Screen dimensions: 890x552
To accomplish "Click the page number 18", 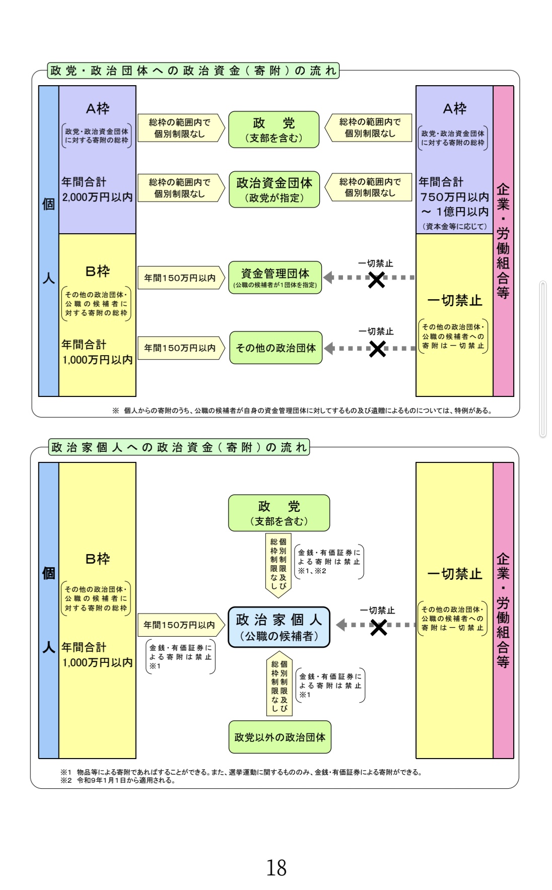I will (x=276, y=867).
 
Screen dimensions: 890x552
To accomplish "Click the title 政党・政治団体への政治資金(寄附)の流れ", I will (x=193, y=71).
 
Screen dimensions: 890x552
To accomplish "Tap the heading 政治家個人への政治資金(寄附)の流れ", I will (x=179, y=447).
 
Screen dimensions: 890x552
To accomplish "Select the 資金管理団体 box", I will (x=275, y=278).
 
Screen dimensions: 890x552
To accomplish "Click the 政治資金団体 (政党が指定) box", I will (x=274, y=189).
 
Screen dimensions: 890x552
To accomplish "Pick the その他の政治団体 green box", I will (x=275, y=348).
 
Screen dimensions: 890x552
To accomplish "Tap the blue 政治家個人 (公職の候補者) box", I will (x=279, y=627).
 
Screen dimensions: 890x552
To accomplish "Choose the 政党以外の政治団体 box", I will (x=280, y=737).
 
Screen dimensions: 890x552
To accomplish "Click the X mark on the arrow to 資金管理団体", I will (x=376, y=280).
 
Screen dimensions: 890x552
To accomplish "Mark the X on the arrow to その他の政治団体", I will (x=377, y=349).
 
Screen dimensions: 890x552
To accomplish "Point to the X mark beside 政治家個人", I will (x=378, y=627).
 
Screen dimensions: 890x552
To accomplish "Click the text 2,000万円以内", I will (x=97, y=197).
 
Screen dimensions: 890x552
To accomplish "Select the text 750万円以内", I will (x=454, y=197).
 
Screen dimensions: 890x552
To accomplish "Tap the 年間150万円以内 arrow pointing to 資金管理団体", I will (x=181, y=278).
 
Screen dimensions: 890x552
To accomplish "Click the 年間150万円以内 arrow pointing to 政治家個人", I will (x=180, y=625).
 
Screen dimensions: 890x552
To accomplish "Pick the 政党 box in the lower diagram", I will (x=279, y=513).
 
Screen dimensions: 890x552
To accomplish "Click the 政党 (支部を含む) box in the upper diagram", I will (x=273, y=129).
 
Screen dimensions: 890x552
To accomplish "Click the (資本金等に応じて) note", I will (x=454, y=226).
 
